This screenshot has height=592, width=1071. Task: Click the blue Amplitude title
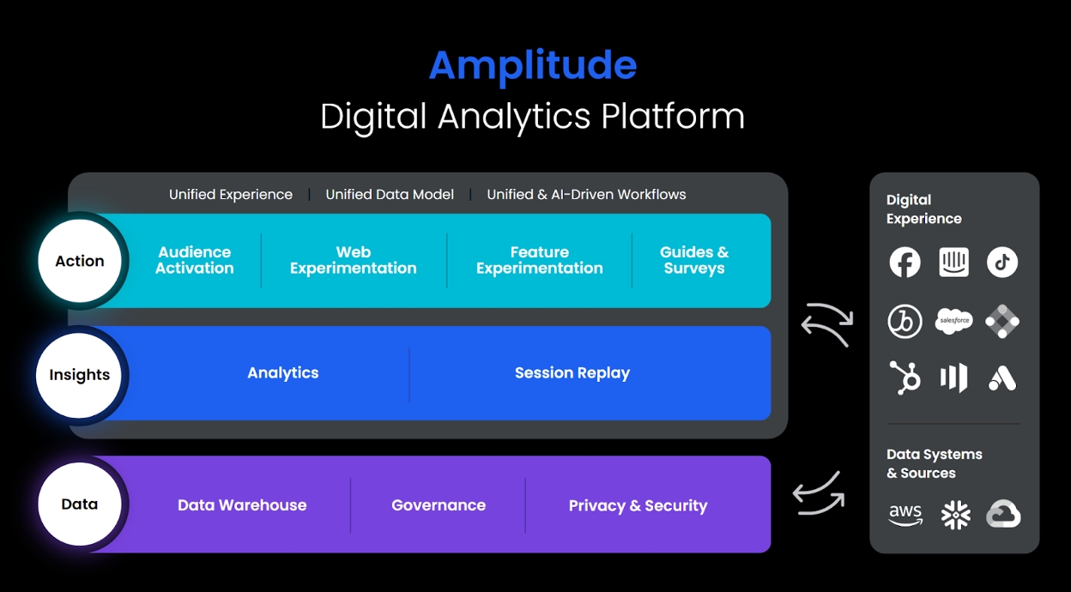(x=532, y=66)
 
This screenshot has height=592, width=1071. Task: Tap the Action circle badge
(x=80, y=261)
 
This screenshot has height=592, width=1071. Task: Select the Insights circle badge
(x=80, y=375)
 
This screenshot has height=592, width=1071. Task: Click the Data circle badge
(x=80, y=504)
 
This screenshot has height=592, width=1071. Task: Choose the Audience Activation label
(x=195, y=260)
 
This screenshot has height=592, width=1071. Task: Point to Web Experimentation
(x=353, y=260)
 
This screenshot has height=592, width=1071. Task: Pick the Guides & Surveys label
(x=693, y=260)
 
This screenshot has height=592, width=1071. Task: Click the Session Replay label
(x=572, y=373)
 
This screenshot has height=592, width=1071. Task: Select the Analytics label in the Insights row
(x=282, y=373)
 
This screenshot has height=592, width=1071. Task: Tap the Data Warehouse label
(x=242, y=505)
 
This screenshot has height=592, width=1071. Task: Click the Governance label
(x=439, y=505)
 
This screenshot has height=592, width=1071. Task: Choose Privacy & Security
(x=638, y=505)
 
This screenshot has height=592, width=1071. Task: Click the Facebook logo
(x=905, y=263)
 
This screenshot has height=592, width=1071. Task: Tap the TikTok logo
(x=1001, y=263)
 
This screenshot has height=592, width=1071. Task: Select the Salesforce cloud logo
(x=953, y=321)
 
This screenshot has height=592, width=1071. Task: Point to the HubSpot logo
(x=905, y=378)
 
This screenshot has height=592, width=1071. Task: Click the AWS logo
(x=905, y=514)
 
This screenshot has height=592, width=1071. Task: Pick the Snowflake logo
(x=955, y=515)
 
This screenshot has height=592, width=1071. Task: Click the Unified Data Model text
(x=390, y=195)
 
